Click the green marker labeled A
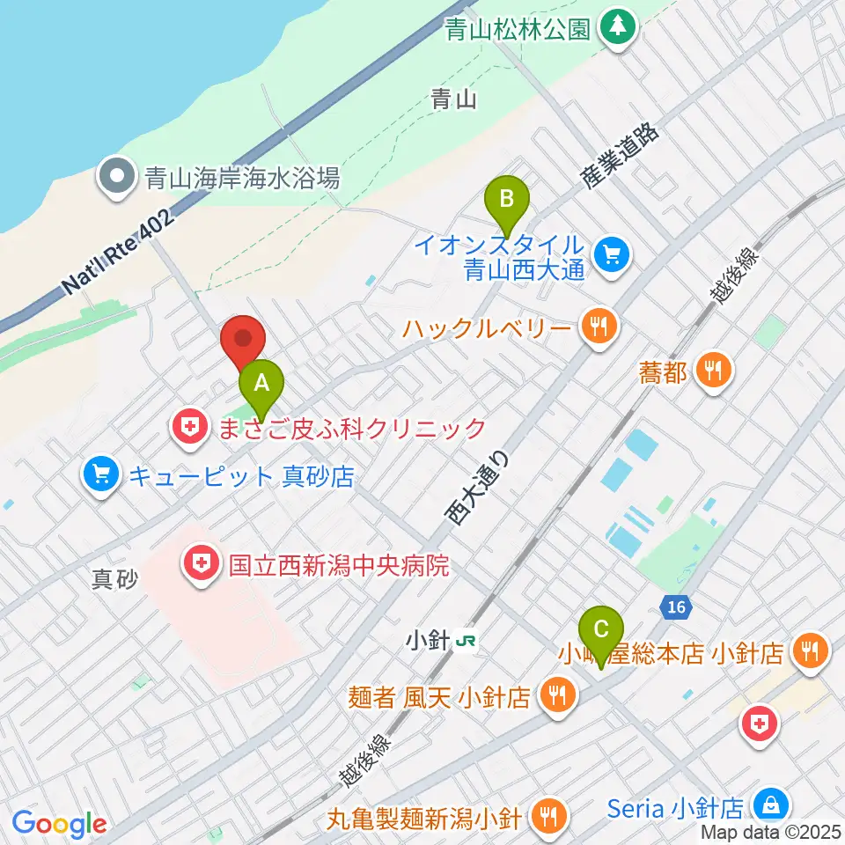click(261, 384)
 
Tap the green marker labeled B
click(507, 199)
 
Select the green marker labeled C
click(601, 630)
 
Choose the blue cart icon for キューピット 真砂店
click(101, 476)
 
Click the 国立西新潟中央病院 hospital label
click(338, 564)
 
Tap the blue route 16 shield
click(675, 606)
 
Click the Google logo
click(60, 823)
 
